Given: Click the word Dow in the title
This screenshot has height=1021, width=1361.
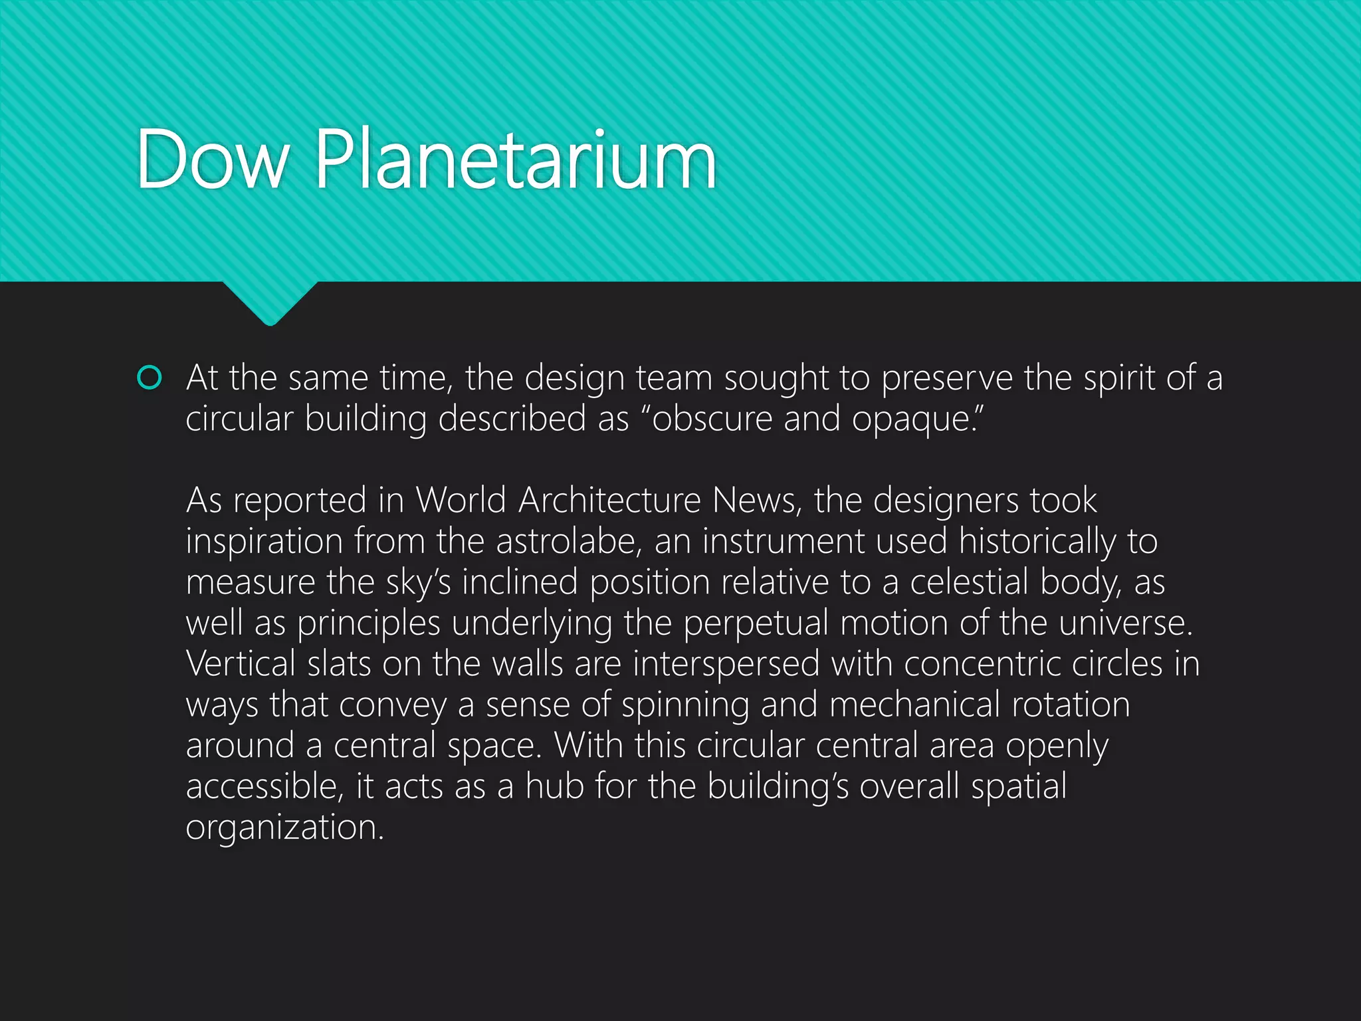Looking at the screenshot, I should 213,160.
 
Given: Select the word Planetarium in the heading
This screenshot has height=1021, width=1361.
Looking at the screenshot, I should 516,160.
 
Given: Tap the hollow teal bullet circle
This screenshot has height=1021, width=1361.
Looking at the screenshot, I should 149,378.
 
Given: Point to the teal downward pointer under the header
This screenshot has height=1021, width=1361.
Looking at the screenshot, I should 270,302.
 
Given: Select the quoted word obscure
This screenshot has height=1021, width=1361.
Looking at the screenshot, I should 712,419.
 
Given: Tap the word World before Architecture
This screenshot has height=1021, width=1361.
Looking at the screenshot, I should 461,500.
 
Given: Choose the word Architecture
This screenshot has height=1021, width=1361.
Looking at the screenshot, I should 609,500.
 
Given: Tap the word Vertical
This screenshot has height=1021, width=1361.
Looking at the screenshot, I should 241,664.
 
